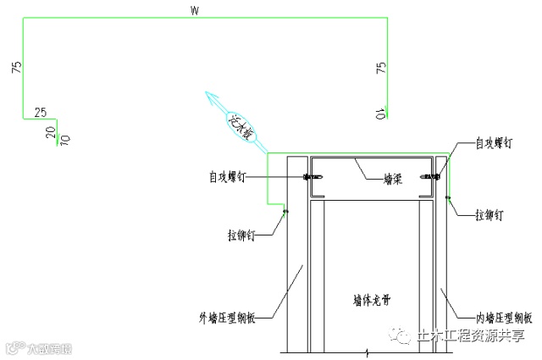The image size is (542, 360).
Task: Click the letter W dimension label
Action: point(196,12)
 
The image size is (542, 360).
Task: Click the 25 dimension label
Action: point(39,111)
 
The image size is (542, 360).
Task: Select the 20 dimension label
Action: point(50,131)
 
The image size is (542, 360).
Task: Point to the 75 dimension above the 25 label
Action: point(16,69)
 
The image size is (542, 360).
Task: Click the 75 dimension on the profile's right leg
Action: point(381,69)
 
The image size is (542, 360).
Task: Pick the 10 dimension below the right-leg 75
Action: point(382,113)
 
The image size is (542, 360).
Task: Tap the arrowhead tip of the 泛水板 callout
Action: point(204,93)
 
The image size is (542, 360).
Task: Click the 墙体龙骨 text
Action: point(372,300)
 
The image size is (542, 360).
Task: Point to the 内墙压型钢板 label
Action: point(503,318)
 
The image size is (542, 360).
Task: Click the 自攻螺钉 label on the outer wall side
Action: point(229,177)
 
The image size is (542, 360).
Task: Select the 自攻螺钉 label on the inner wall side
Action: point(495,144)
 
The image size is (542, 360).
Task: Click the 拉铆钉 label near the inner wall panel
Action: point(490,216)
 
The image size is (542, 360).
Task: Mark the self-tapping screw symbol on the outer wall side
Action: point(311,177)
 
